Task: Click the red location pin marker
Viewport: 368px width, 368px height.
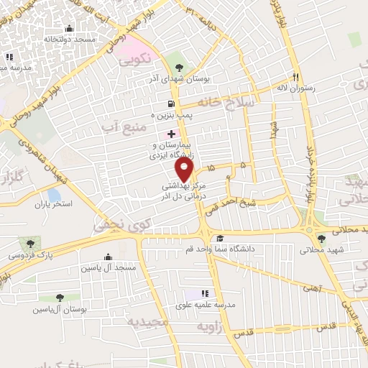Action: [x=185, y=170]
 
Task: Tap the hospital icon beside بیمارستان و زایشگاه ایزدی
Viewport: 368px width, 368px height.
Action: [x=171, y=134]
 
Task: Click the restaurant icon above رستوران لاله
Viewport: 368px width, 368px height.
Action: [x=295, y=76]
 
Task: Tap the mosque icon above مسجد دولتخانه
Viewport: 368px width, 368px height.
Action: [x=69, y=29]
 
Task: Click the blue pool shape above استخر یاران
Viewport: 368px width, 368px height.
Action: [x=54, y=194]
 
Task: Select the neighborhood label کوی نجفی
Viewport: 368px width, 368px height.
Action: [x=115, y=226]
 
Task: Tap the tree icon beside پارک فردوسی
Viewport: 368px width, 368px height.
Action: [x=29, y=244]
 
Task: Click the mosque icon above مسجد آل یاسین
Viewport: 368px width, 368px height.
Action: [x=108, y=257]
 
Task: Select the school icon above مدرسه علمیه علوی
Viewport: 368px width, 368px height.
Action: [x=204, y=293]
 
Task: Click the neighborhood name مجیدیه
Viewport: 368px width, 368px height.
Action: [x=148, y=322]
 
